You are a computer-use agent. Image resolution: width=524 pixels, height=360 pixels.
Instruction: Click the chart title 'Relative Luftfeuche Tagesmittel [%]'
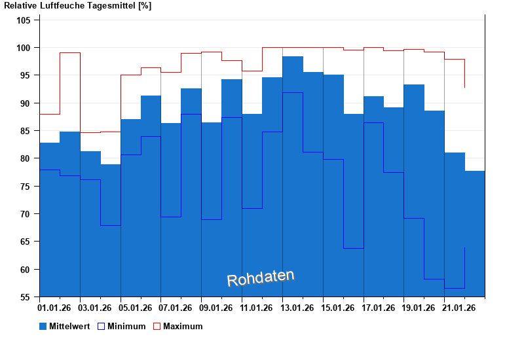point(77,6)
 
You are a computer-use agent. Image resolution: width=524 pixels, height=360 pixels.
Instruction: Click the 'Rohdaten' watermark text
point(261,278)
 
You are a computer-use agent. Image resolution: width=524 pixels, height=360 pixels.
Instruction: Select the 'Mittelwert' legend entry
point(69,326)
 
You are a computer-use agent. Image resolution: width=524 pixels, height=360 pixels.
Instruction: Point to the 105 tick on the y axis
point(24,20)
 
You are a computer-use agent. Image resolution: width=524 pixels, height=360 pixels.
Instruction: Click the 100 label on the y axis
point(24,48)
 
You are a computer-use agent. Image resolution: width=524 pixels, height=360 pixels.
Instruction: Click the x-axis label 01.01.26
point(55,308)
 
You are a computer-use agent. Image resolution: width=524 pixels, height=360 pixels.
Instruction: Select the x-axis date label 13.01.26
point(297,308)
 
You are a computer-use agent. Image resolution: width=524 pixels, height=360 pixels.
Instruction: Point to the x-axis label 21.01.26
point(459,308)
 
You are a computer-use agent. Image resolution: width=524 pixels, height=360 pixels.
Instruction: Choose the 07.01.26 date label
point(176,308)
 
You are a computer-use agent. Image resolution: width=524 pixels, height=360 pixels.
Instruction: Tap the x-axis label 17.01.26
point(379,308)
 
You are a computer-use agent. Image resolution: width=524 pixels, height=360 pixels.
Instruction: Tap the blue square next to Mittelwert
point(43,326)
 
